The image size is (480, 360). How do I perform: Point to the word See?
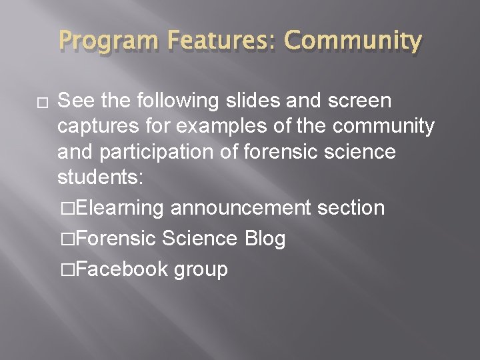(76, 101)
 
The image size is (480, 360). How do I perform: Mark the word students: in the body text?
(100, 177)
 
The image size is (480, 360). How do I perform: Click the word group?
(201, 270)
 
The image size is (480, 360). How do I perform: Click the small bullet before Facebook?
(66, 270)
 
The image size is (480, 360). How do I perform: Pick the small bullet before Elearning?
(66, 209)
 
